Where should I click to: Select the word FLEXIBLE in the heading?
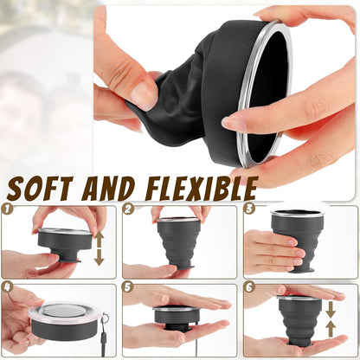coord(198,188)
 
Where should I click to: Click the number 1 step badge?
coord(8,209)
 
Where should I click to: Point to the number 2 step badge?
coord(128,209)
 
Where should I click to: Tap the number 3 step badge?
coord(249,209)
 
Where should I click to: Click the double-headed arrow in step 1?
coord(100,247)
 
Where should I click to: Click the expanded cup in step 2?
coord(179,240)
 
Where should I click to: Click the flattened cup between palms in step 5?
coord(177,318)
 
